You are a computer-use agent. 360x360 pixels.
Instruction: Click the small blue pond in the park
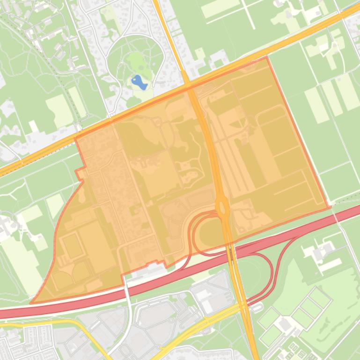click(x=139, y=82)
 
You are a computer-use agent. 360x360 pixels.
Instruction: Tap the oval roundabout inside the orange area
click(x=222, y=206)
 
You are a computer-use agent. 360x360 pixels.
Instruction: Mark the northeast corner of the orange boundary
click(x=267, y=57)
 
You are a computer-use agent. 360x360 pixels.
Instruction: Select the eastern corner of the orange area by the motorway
click(x=330, y=207)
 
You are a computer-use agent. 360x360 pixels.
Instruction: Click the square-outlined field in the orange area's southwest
click(x=73, y=246)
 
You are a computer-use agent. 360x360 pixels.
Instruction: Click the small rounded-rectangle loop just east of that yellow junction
click(x=257, y=307)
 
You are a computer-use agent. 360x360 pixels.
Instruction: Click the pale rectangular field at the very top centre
click(x=220, y=7)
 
